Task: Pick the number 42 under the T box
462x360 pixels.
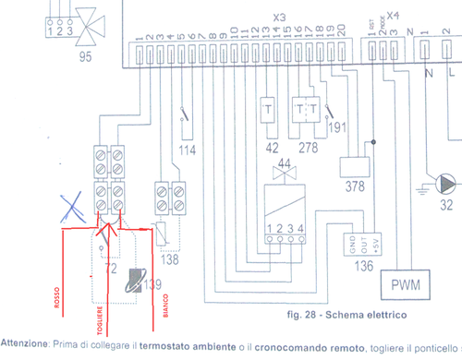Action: click(271, 146)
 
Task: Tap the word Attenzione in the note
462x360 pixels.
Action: click(26, 342)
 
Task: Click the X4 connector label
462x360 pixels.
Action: click(392, 15)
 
